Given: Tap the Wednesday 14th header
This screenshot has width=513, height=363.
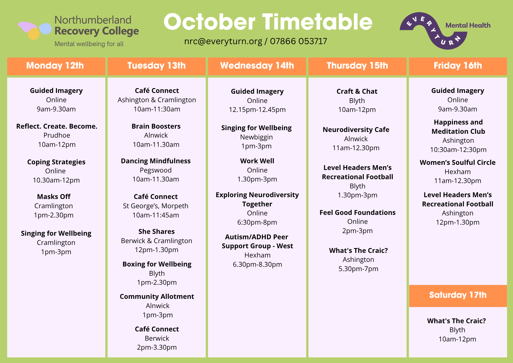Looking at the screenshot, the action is coord(257,66).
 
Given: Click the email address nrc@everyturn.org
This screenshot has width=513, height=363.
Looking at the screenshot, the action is coord(223,41).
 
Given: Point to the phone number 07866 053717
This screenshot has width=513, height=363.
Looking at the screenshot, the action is coord(299,41).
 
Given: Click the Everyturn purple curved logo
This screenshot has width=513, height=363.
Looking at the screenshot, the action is coord(433,31).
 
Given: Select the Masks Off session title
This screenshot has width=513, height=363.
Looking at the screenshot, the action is coord(54,197).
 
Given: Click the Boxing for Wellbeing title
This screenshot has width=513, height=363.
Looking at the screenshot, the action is coord(157,264).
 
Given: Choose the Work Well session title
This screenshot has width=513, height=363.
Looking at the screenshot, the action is coord(257,161).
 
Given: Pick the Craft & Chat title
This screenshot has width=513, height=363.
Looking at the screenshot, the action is coord(357,91).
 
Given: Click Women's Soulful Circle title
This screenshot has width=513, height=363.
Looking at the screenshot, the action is coord(458,163).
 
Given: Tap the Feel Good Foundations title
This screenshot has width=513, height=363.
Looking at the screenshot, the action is coord(358,213).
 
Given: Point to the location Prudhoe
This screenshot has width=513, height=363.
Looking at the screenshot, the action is coord(57,135).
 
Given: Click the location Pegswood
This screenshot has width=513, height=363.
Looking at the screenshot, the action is coord(156,170).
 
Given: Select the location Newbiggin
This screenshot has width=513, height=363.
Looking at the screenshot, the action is coord(256,137).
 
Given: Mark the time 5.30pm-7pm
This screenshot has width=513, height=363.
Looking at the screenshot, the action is coord(358,269).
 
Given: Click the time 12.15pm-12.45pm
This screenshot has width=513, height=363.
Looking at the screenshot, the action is coord(257,110).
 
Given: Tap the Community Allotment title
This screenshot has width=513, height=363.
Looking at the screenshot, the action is coord(157,297).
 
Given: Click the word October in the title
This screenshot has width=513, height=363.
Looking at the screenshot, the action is coord(209,22).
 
